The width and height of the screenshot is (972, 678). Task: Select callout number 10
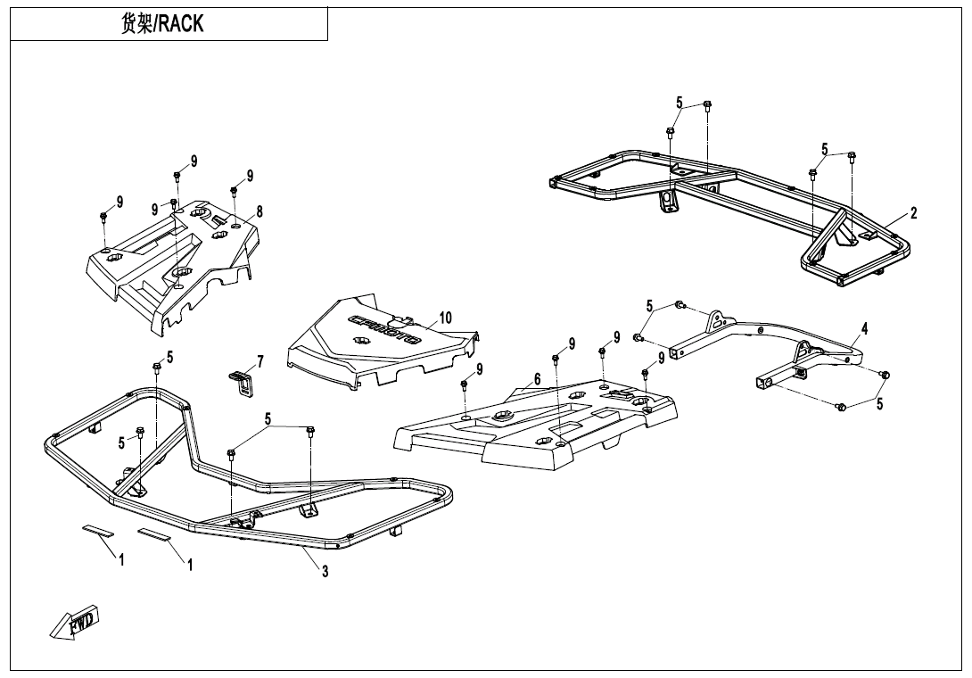pyautogui.click(x=445, y=318)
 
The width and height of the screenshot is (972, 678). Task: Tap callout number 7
pyautogui.click(x=260, y=361)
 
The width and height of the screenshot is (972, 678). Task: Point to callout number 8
pyautogui.click(x=259, y=211)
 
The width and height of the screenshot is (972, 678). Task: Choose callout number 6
pyautogui.click(x=537, y=380)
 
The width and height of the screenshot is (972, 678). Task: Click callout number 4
pyautogui.click(x=865, y=328)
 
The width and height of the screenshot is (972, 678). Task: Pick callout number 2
pyautogui.click(x=914, y=213)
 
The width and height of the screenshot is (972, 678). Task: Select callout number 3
pyautogui.click(x=325, y=572)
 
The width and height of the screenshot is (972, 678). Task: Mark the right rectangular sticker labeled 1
pyautogui.click(x=153, y=534)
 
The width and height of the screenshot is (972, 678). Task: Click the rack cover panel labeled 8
pyautogui.click(x=172, y=267)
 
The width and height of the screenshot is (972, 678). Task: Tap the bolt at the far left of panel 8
pyautogui.click(x=103, y=217)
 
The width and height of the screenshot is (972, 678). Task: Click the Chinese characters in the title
pyautogui.click(x=136, y=23)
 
